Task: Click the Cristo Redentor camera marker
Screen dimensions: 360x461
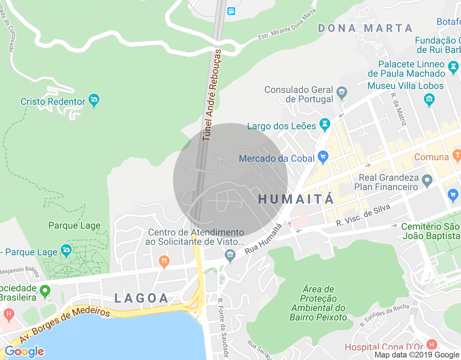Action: tap(94, 100)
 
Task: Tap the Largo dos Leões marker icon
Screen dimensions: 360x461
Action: tap(325, 124)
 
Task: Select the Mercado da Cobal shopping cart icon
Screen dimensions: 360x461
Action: tap(323, 157)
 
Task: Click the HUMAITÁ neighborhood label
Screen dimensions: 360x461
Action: tap(296, 199)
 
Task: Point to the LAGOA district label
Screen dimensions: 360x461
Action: tap(142, 298)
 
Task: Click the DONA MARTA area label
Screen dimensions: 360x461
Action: tap(365, 28)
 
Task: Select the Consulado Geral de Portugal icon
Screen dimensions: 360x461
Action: tap(341, 93)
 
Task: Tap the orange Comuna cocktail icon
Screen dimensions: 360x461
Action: tap(457, 156)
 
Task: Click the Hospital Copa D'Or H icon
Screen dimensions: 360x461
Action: tap(431, 344)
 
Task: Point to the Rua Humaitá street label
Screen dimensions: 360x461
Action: tap(263, 239)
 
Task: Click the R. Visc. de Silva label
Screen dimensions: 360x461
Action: tap(363, 215)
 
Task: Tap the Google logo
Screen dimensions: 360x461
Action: tap(24, 351)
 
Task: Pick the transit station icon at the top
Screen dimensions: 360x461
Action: tap(231, 11)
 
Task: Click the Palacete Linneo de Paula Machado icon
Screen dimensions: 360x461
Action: tap(453, 67)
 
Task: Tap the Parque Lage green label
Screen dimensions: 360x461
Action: tap(75, 226)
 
